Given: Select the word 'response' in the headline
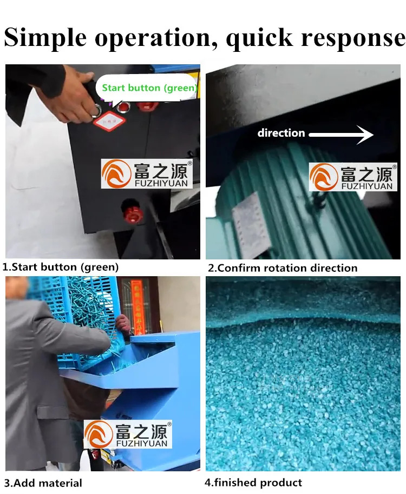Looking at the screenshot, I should pos(352,38).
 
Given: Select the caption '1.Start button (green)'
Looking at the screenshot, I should pos(61,267).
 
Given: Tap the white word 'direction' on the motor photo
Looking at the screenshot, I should pos(281,133).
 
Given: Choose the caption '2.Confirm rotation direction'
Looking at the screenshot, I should pos(283,268).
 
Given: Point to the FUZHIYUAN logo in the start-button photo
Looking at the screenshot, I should pos(146,174).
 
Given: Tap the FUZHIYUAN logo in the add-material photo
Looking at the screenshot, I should pos(128,434).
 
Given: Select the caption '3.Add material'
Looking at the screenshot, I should pos(43,483).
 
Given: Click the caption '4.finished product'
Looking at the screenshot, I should pos(253,483).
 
